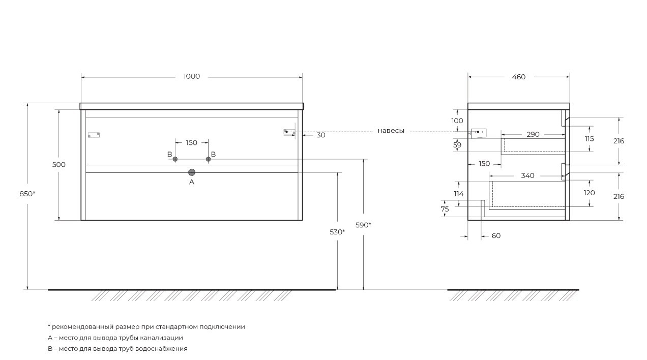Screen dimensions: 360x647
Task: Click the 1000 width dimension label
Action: click(x=191, y=77)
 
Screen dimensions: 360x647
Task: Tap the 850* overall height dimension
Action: click(x=27, y=194)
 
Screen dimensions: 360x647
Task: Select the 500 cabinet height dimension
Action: click(x=59, y=165)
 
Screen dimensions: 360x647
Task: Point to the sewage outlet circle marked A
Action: click(x=192, y=172)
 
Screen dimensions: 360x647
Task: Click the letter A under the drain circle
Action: click(x=192, y=182)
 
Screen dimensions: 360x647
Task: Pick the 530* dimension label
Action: click(x=337, y=232)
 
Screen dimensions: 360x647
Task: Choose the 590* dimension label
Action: click(x=363, y=225)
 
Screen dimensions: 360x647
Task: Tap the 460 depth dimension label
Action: click(x=519, y=77)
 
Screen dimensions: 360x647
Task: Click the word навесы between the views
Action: click(x=391, y=131)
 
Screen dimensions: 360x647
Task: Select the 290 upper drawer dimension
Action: click(x=533, y=135)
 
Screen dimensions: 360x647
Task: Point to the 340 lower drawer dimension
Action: click(x=527, y=176)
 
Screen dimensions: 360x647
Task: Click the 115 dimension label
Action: click(x=590, y=139)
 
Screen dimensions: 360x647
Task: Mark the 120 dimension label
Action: click(x=590, y=193)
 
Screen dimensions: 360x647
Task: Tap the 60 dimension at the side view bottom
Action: click(x=496, y=236)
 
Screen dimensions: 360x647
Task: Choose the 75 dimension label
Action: click(x=445, y=209)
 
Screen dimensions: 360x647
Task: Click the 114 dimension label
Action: click(x=458, y=194)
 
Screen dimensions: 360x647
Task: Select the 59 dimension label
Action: click(x=457, y=145)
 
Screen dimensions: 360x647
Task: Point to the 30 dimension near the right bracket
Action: click(x=321, y=135)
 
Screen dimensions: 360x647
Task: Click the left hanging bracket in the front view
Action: click(x=94, y=135)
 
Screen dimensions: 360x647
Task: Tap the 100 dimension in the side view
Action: click(x=457, y=121)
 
